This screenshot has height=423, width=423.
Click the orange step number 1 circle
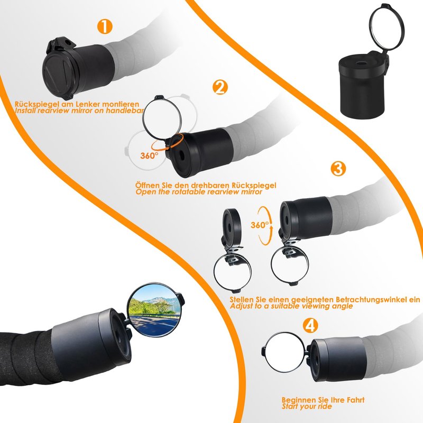coord(105,26)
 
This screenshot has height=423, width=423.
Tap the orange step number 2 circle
coord(220,87)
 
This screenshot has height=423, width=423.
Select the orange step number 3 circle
coord(338,168)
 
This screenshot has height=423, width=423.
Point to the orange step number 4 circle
coord(310,325)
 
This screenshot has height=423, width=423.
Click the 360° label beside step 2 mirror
coord(149,155)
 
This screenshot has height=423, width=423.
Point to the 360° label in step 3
coord(260,225)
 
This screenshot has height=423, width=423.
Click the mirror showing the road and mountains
coord(153,310)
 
